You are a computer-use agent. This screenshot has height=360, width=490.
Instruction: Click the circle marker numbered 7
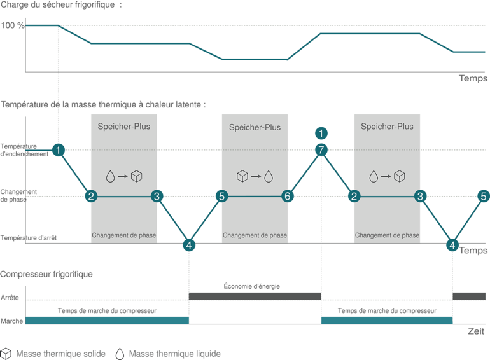pos(322,149)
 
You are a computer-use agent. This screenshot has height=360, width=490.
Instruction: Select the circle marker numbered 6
pos(287,197)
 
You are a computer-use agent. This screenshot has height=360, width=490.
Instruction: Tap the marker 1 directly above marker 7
pos(322,133)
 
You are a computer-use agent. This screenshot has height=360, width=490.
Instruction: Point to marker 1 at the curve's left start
pos(59,149)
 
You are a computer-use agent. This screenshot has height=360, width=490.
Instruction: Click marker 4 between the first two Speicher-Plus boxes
pos(189,244)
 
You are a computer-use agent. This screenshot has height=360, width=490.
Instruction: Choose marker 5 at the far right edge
pos(483,197)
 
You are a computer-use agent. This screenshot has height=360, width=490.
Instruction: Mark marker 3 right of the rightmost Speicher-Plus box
pos(420,197)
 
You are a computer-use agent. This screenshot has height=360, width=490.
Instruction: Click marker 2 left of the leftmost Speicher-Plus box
pos(92,197)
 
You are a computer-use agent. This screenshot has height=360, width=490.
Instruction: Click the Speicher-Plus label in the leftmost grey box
pos(124,127)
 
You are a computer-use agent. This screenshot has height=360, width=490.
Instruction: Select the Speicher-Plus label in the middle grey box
pos(255,127)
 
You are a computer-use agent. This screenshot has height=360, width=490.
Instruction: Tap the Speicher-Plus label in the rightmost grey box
pos(387,127)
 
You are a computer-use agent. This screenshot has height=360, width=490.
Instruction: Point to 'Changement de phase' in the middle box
pos(255,235)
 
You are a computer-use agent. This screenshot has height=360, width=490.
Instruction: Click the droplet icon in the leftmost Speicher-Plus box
pos(112,176)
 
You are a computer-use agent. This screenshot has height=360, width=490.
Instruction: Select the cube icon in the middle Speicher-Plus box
pos(242,176)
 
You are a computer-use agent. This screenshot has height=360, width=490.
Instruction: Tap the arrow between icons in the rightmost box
pos(387,176)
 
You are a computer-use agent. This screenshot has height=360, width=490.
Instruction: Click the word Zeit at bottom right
pos(477,331)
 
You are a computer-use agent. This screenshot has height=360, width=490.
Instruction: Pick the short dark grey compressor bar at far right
pos(470,296)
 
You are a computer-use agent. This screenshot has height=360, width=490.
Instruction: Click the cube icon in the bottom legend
pos(7,352)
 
